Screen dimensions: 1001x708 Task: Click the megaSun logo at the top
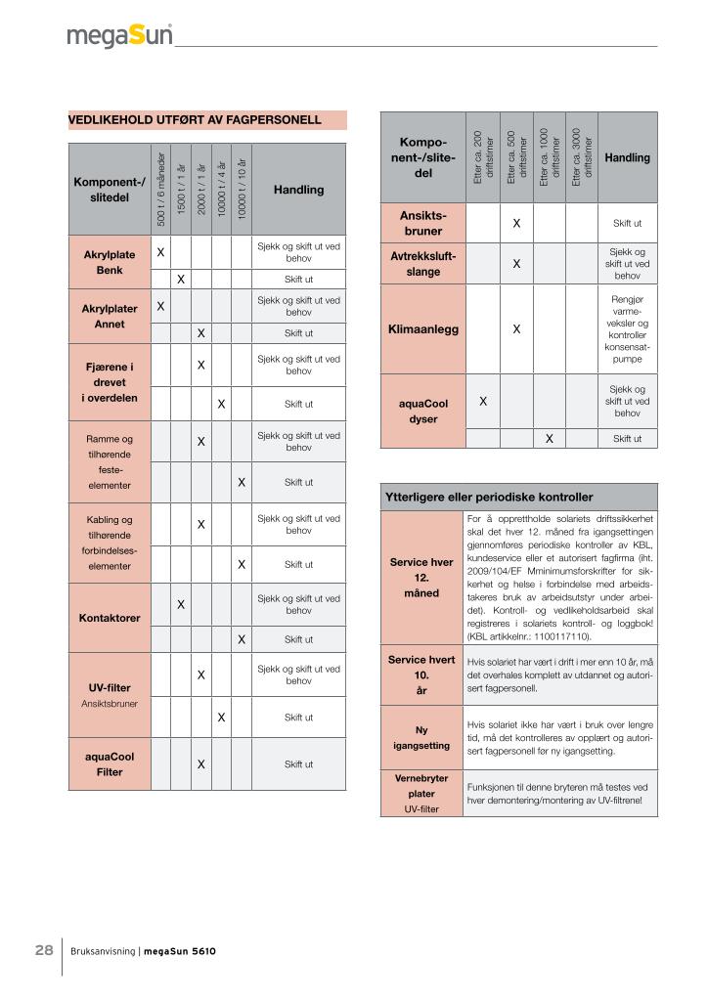point(119,36)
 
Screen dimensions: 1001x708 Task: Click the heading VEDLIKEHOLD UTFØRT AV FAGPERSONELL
point(195,120)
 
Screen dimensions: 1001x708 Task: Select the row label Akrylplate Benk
point(109,262)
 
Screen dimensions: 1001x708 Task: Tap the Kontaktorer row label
point(109,618)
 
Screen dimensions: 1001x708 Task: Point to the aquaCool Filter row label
point(109,763)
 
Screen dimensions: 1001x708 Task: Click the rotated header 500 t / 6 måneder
point(160,190)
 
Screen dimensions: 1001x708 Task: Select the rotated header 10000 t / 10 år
point(242,190)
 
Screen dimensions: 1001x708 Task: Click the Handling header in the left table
point(298,190)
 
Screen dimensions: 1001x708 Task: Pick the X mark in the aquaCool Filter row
point(200,763)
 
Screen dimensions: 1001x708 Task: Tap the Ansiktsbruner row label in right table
point(423,223)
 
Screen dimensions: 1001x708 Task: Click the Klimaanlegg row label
point(423,329)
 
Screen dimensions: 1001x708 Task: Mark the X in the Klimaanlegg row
point(516,329)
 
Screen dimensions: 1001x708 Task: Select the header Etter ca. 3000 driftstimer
point(581,157)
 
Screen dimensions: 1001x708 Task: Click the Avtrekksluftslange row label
point(423,264)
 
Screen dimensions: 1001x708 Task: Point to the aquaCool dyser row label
point(423,411)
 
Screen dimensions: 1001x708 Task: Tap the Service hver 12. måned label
point(421,578)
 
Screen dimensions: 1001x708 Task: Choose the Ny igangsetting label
point(421,738)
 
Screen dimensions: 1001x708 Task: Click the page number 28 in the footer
point(44,950)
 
